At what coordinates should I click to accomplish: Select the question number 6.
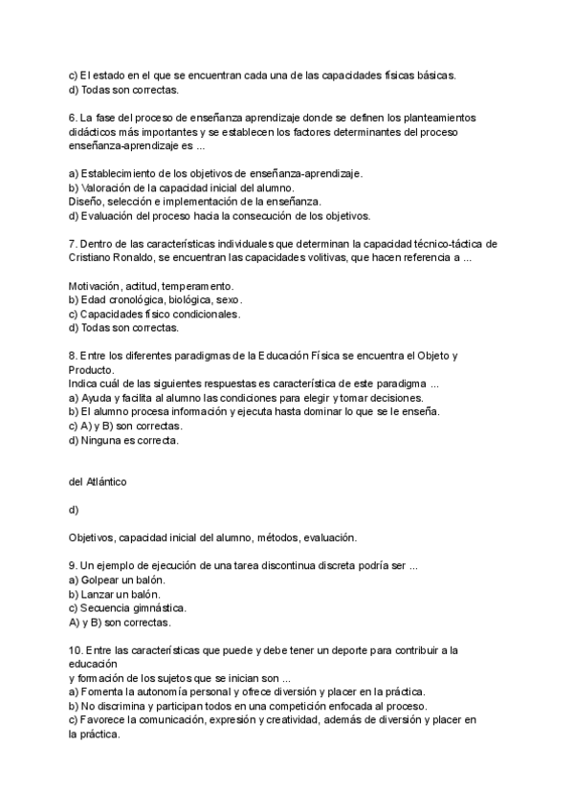click(x=74, y=118)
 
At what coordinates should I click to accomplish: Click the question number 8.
click(x=74, y=356)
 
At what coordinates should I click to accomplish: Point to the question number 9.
click(x=74, y=566)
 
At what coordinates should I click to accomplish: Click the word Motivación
click(x=95, y=286)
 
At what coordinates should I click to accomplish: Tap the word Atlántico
click(x=106, y=482)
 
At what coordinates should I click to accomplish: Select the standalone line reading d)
click(x=76, y=510)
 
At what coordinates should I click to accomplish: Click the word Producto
click(x=91, y=370)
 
